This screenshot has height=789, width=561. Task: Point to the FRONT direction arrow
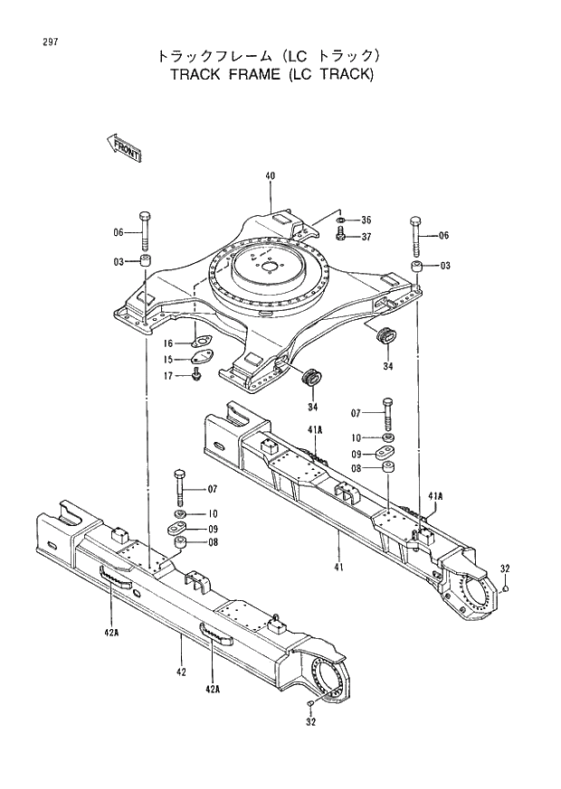[x=122, y=146]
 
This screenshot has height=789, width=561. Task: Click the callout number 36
[x=366, y=220]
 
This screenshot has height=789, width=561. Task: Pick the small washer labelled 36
[x=340, y=220]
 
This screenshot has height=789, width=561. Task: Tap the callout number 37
[x=366, y=237]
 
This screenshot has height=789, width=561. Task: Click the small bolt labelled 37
[x=341, y=235]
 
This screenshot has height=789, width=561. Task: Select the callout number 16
[x=168, y=343]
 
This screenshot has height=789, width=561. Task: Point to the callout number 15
[x=168, y=359]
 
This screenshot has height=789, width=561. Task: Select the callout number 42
[x=181, y=672]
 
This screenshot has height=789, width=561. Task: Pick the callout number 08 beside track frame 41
[x=357, y=469]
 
